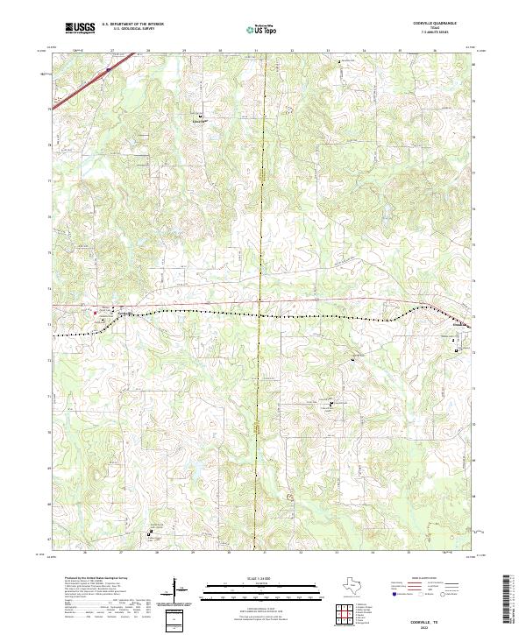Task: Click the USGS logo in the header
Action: [79, 27]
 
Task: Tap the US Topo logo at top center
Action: [260, 29]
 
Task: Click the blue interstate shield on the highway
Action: [108, 67]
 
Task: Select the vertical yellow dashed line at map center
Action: [263, 219]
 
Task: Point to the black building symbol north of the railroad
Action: [200, 116]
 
